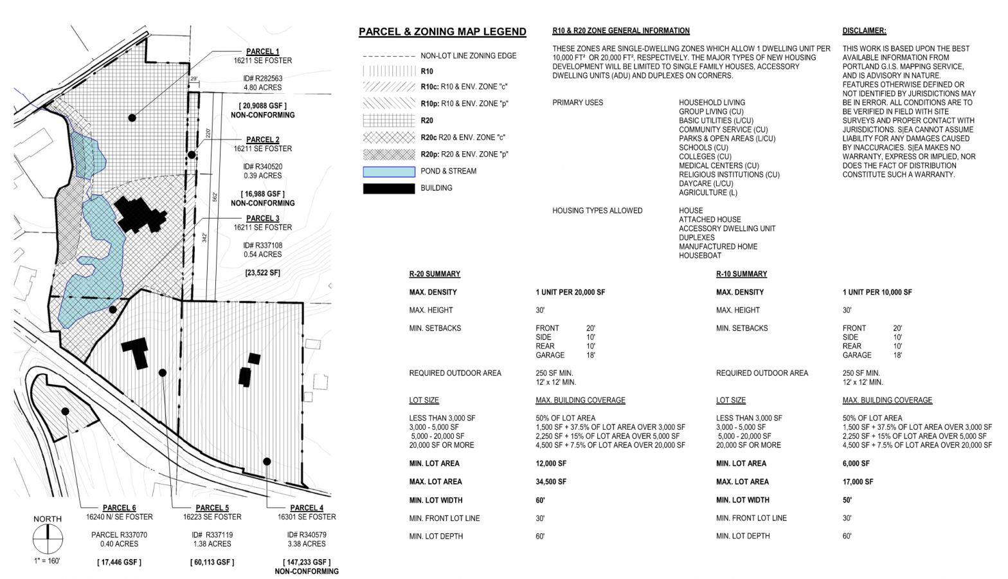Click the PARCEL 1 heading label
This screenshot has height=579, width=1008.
point(262,51)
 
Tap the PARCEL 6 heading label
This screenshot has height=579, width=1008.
point(119,508)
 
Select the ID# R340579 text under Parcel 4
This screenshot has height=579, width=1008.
point(307,535)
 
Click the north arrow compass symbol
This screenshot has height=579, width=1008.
point(48,539)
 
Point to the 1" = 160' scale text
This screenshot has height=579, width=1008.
point(47,561)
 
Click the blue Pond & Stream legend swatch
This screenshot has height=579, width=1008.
point(389,172)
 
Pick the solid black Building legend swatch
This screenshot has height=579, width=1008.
point(389,188)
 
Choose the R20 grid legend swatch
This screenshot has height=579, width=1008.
point(389,120)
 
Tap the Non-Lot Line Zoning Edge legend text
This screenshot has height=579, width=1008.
point(468,56)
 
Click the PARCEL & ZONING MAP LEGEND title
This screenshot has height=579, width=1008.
point(442,32)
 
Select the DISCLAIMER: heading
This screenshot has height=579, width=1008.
point(864,31)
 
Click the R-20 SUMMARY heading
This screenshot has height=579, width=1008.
point(435,274)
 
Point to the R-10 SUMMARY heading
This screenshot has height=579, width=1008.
point(741,274)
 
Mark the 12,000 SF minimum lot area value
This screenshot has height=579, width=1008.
point(551,463)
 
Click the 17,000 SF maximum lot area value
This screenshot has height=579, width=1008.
point(858,481)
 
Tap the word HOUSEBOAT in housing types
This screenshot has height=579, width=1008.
point(700,255)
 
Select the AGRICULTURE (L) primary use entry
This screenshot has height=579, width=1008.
point(708,192)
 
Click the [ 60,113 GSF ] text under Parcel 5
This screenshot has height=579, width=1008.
point(212,562)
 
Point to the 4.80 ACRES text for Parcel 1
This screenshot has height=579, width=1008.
point(262,87)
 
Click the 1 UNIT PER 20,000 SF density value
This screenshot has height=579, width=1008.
point(570,292)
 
